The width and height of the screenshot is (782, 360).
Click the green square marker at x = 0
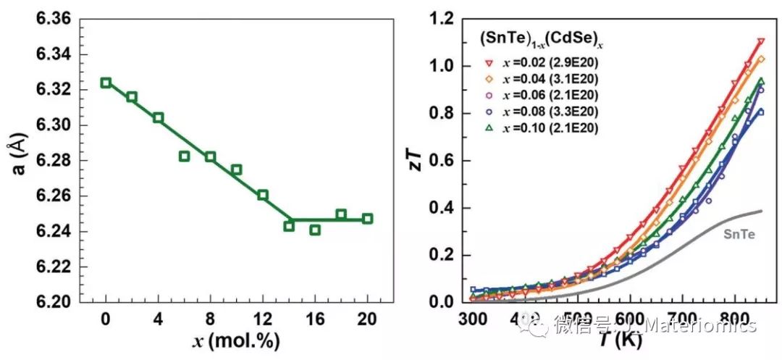106,83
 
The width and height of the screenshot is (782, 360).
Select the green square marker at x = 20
367,218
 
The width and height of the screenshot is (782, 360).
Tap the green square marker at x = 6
185,156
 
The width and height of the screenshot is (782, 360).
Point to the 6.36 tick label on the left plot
54,18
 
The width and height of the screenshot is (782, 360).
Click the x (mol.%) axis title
236,340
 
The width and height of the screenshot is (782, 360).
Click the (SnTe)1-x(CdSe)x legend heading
541,40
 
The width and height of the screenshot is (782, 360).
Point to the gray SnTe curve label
739,234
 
